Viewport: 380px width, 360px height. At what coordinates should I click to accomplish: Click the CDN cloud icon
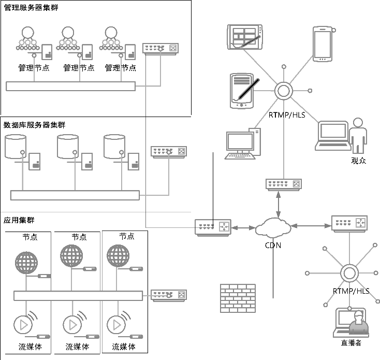[273, 228]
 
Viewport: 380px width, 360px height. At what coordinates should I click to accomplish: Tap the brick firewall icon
[238, 298]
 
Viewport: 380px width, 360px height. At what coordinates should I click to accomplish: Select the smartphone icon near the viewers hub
[321, 44]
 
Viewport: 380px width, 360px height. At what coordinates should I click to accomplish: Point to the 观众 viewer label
[358, 161]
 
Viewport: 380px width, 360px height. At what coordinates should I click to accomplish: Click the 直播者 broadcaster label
[351, 343]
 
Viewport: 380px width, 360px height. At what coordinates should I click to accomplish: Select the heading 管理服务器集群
[31, 8]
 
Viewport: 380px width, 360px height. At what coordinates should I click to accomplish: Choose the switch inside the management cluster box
[160, 49]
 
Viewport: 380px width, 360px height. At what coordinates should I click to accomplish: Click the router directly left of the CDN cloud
[212, 227]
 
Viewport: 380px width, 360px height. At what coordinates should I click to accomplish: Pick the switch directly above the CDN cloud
[283, 184]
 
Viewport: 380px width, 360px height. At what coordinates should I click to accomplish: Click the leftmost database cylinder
[15, 147]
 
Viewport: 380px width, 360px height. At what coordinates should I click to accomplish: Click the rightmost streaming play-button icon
[116, 325]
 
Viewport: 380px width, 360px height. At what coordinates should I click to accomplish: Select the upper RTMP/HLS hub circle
[284, 92]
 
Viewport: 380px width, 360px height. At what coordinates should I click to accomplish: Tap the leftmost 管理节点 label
[34, 67]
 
